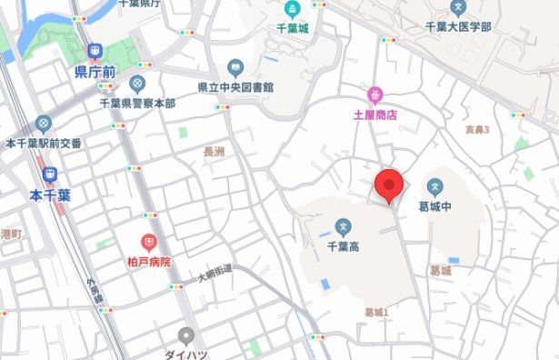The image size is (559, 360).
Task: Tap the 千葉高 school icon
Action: click(x=344, y=226)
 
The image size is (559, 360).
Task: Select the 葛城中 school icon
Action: click(x=435, y=188)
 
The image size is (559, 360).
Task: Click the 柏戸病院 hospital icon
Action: click(x=149, y=243)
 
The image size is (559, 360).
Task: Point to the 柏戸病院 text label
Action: click(x=149, y=262)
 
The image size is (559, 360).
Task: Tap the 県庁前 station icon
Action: click(x=94, y=52)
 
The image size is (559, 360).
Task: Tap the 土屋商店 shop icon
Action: click(x=374, y=95)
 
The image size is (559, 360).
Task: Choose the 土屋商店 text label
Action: click(x=375, y=115)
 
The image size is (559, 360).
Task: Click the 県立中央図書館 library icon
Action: click(x=235, y=67)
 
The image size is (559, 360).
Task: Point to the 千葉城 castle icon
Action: click(x=292, y=10)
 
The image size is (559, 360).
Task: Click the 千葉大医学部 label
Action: click(x=458, y=27)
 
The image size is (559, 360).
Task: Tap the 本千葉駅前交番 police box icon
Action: click(x=43, y=124)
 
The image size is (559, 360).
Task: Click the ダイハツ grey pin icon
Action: click(x=186, y=335)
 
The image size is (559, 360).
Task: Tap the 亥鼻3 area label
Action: click(x=477, y=130)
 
